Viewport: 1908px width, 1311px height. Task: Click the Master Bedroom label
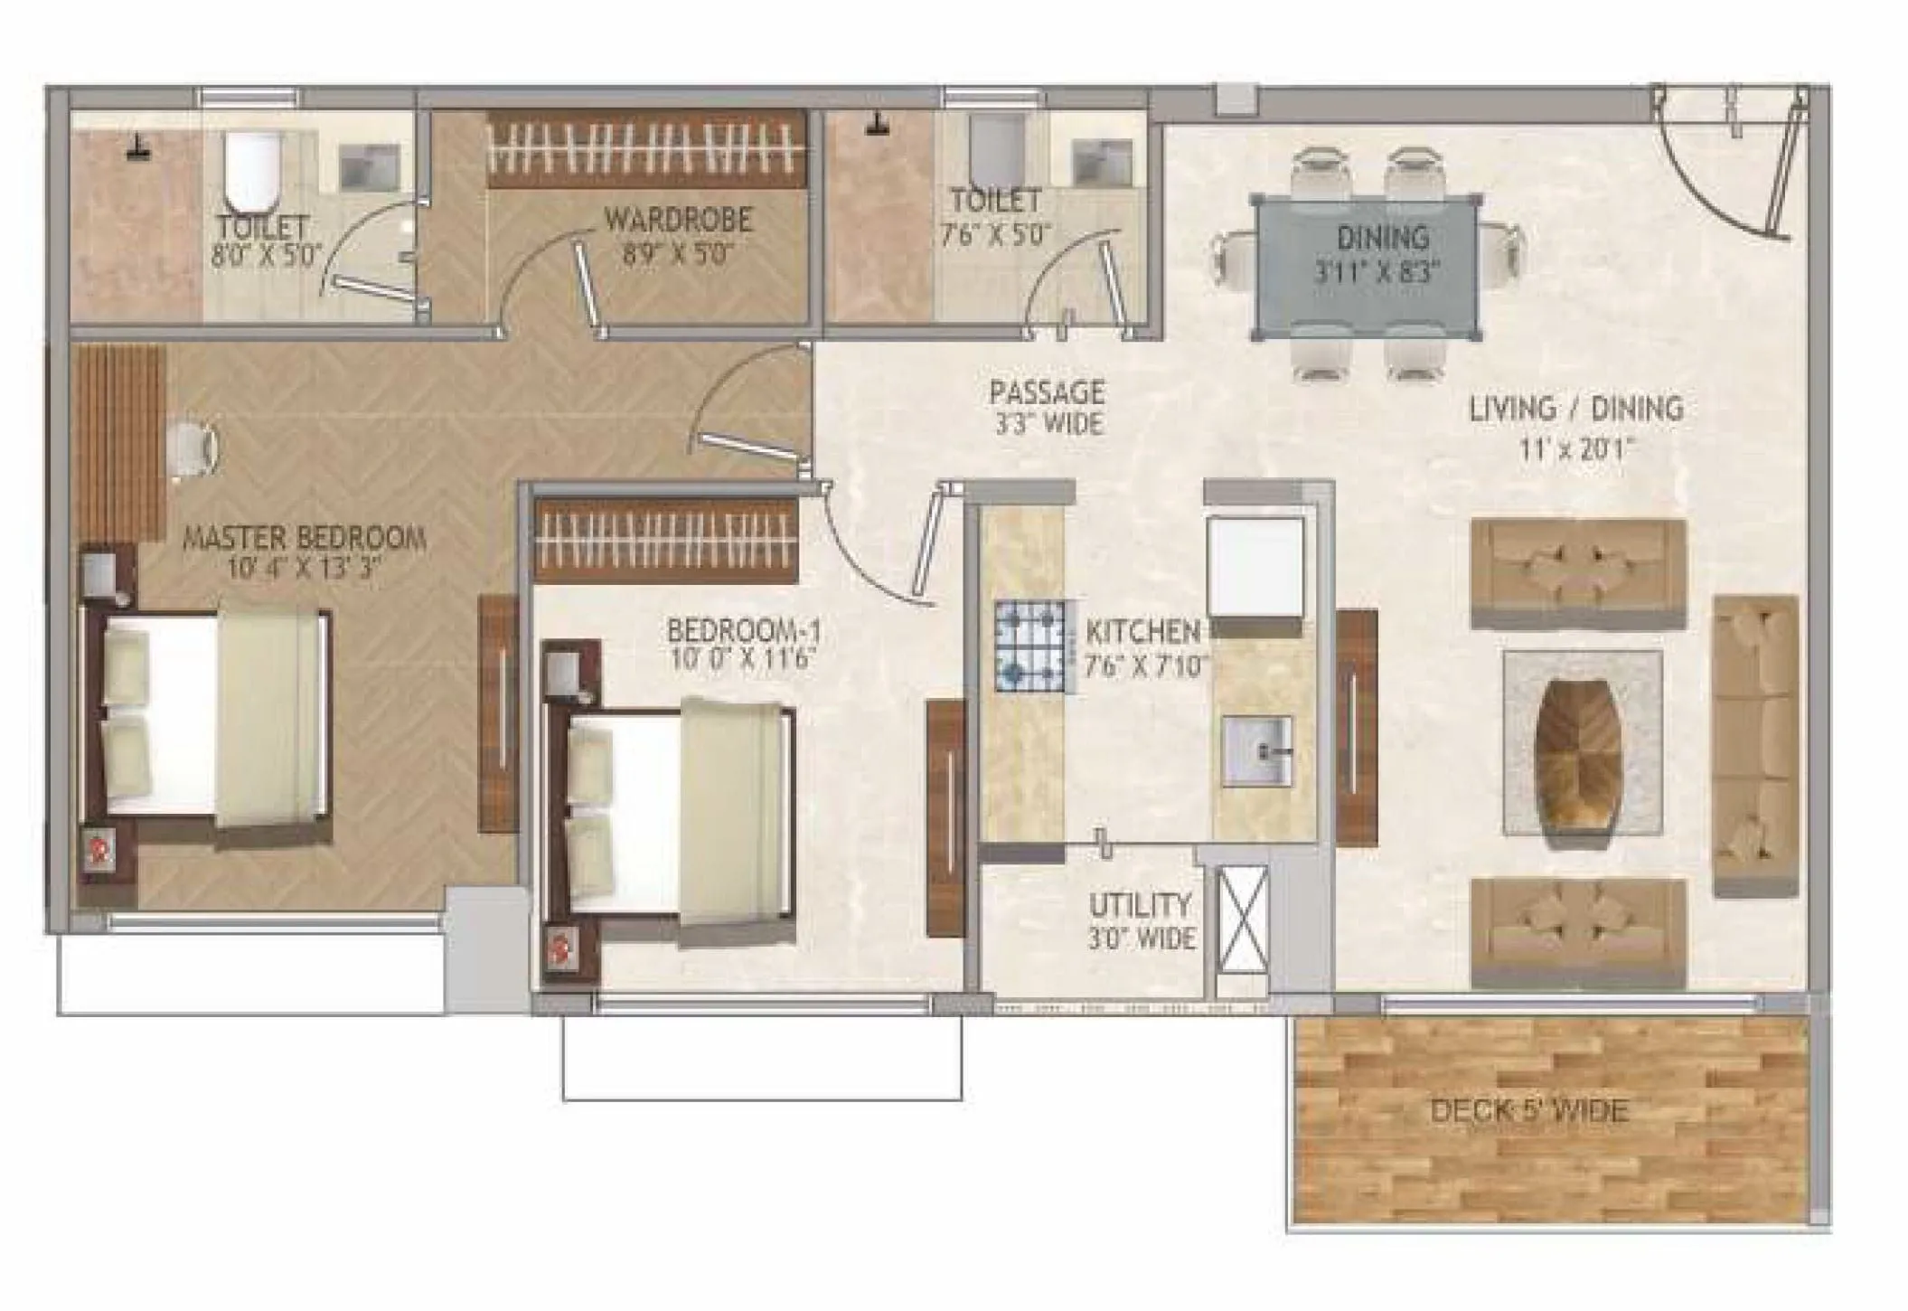305,539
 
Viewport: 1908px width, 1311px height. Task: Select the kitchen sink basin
1257,750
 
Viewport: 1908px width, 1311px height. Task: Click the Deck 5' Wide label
1529,1109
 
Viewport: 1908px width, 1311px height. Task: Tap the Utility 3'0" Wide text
1141,920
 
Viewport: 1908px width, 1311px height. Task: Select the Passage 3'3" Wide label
1047,407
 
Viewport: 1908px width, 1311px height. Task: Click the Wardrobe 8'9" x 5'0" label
678,234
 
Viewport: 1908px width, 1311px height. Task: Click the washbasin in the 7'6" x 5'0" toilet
1101,163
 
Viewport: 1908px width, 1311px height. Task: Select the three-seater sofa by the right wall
1755,746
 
